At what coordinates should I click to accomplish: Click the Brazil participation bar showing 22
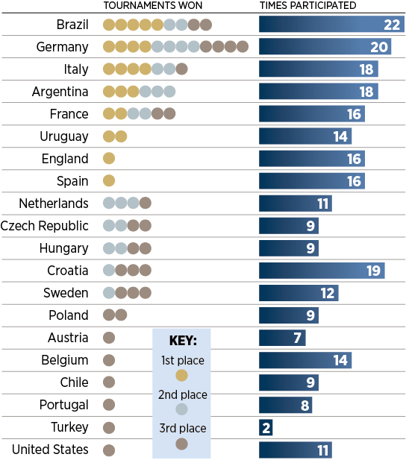[x=331, y=25]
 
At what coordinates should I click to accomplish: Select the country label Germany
[x=62, y=47]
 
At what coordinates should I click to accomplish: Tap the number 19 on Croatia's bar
[x=373, y=271]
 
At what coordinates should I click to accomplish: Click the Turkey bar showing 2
[x=266, y=427]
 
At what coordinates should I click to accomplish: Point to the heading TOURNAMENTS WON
[x=153, y=5]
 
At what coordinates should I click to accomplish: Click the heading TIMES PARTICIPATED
[x=308, y=5]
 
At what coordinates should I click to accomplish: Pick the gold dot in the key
[x=181, y=375]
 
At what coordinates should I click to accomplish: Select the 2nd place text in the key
[x=183, y=394]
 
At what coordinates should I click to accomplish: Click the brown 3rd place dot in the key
[x=181, y=444]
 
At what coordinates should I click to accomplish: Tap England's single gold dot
[x=109, y=158]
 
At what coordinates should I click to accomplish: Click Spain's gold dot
[x=109, y=180]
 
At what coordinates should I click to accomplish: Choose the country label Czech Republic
[x=44, y=226]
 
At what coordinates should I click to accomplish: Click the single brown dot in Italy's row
[x=181, y=69]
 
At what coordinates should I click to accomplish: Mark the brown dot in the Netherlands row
[x=146, y=203]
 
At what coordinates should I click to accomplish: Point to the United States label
[x=50, y=450]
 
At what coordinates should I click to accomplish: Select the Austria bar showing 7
[x=282, y=338]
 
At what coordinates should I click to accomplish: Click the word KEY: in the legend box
[x=183, y=341]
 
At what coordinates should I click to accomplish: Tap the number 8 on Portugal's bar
[x=304, y=405]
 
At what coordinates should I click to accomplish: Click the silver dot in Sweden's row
[x=109, y=293]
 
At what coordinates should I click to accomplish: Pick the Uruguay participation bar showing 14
[x=305, y=136]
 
